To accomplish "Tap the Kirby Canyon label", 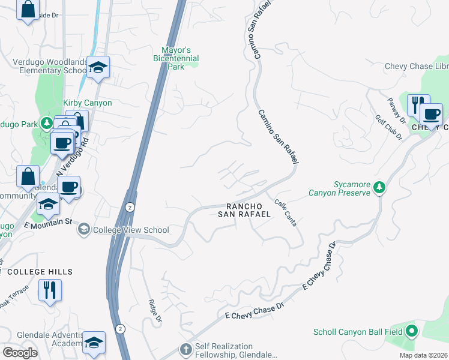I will coord(89,103).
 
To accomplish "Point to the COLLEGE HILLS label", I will coord(40,272).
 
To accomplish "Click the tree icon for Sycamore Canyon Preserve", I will coord(379,188).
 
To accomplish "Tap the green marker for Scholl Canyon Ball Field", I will coord(411,331).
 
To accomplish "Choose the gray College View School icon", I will coord(85,229).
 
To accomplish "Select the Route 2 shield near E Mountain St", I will coord(130,207).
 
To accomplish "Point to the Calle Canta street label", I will coord(285,212).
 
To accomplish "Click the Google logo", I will coord(20,352).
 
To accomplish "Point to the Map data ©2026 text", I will coord(423,355).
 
